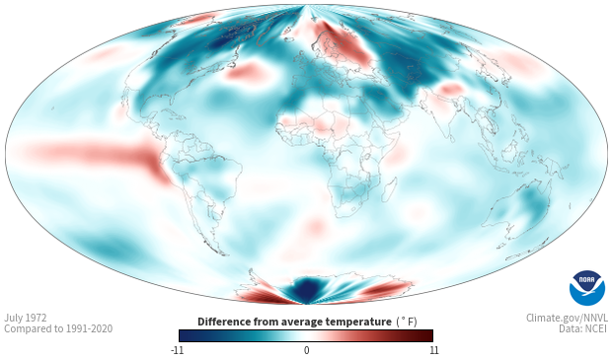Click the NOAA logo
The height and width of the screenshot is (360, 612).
587,288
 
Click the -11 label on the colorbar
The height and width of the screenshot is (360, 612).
177,350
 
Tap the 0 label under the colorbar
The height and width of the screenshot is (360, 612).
306,350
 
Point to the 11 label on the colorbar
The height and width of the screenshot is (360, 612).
433,350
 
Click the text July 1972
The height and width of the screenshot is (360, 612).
26,318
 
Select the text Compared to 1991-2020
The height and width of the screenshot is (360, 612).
58,328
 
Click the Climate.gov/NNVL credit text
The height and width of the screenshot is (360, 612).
567,318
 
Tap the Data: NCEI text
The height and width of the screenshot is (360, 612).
583,328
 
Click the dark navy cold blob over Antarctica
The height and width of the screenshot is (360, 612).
306,289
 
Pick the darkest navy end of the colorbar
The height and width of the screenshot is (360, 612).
184,335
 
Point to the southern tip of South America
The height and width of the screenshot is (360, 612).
224,254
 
